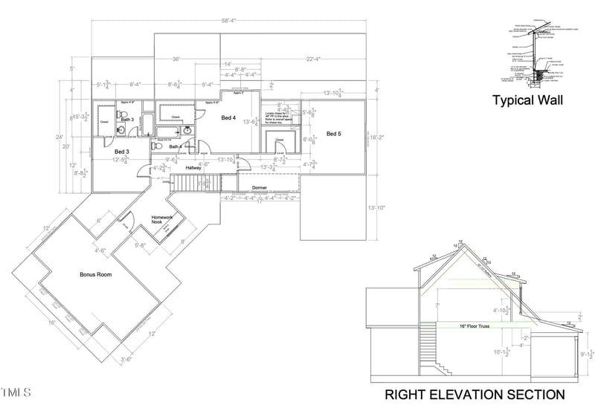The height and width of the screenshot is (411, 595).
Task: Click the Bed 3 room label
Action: tap(121, 152)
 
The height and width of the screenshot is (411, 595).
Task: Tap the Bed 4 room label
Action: tap(228, 117)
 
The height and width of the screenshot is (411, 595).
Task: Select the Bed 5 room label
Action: tap(334, 134)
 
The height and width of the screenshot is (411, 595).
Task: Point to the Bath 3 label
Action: tap(127, 120)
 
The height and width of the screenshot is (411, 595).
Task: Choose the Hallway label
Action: tap(193, 168)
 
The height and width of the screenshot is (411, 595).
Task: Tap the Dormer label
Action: tap(260, 187)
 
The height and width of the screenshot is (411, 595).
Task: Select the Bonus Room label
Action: tap(95, 274)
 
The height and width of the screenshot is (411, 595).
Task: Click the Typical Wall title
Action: tap(528, 100)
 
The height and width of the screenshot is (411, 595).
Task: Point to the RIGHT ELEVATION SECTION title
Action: tap(475, 394)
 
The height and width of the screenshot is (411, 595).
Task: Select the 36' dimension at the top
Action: tap(176, 59)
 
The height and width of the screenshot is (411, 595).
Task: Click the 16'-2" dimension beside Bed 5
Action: tap(382, 137)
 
